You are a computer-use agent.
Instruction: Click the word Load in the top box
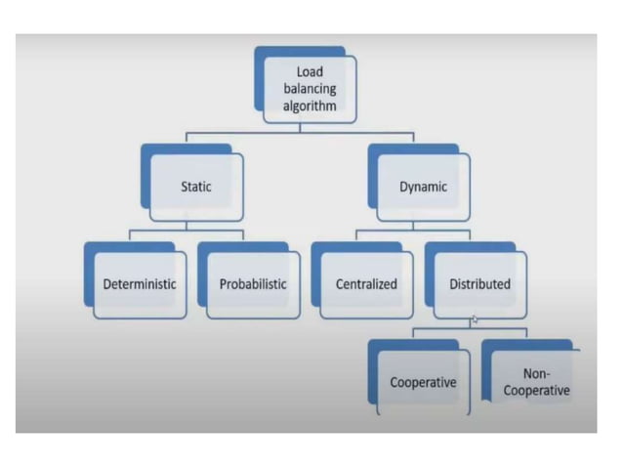click(x=310, y=71)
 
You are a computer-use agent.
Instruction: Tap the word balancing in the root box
click(x=310, y=88)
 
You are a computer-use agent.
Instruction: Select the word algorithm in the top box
click(x=310, y=105)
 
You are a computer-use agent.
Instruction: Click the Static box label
click(x=196, y=187)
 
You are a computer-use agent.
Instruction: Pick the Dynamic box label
click(x=423, y=187)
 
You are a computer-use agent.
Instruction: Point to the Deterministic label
click(x=140, y=284)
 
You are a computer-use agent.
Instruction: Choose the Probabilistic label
click(x=253, y=284)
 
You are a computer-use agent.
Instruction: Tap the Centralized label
click(x=366, y=284)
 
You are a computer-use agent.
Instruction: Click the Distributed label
click(x=479, y=284)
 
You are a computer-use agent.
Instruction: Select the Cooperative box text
click(x=423, y=382)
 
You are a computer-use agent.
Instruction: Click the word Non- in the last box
click(x=537, y=373)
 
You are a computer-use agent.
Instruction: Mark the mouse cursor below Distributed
click(x=475, y=320)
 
